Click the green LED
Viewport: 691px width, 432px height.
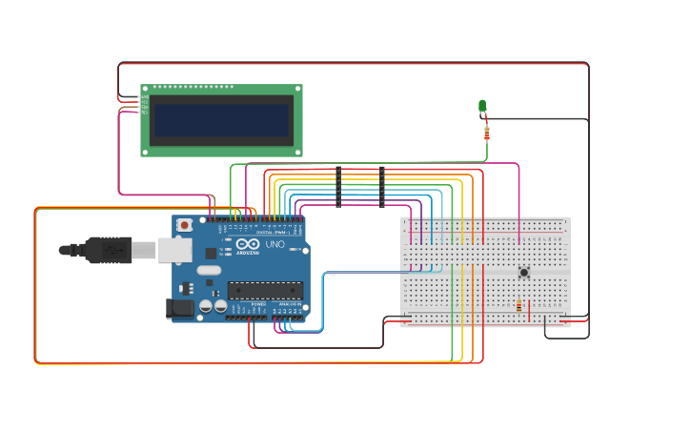pos(482,106)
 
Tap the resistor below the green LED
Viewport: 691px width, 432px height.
pos(487,133)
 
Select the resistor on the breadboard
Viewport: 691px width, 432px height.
pos(518,306)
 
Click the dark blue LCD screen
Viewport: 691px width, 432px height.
pos(222,120)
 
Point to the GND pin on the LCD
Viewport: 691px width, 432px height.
pos(146,95)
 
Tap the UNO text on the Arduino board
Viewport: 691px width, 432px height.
pos(274,245)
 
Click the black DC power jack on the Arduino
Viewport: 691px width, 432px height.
pos(180,308)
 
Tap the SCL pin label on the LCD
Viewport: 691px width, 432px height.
pos(146,112)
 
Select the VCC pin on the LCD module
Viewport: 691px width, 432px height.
pos(146,101)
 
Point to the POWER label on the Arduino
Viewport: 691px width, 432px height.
pos(258,304)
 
